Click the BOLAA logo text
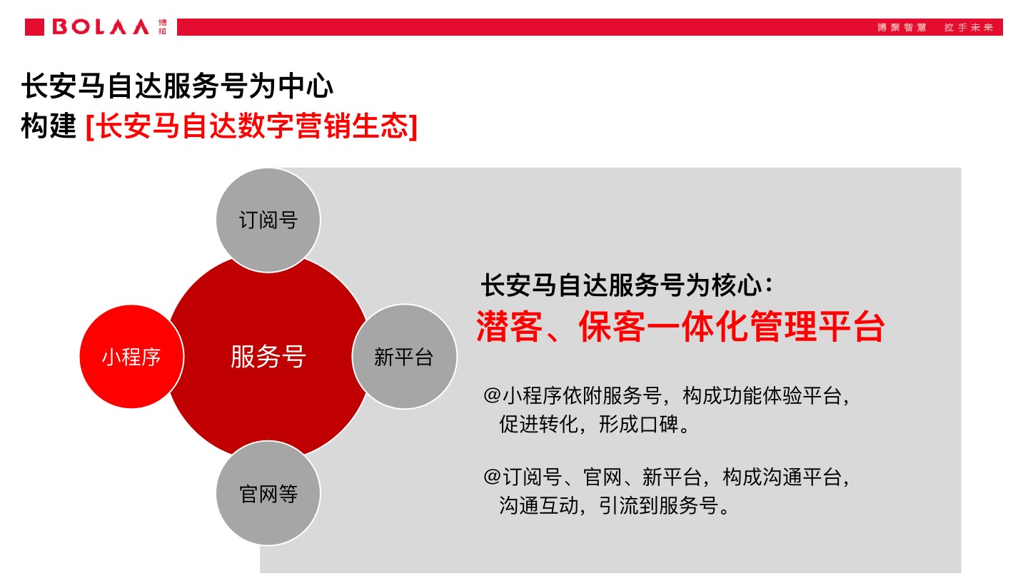coord(101,27)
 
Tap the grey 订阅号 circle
coord(268,220)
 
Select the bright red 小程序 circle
coord(131,357)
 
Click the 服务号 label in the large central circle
coord(268,356)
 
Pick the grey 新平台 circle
coord(404,357)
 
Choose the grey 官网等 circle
coord(268,494)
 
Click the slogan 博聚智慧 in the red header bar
coord(902,27)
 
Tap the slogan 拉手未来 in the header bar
coord(969,27)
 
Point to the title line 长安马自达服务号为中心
coord(178,87)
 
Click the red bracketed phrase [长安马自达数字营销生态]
coord(251,126)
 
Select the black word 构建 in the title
coord(49,126)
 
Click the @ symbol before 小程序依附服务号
coord(492,395)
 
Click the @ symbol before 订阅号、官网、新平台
coord(492,476)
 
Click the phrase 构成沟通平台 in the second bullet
coord(782,476)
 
